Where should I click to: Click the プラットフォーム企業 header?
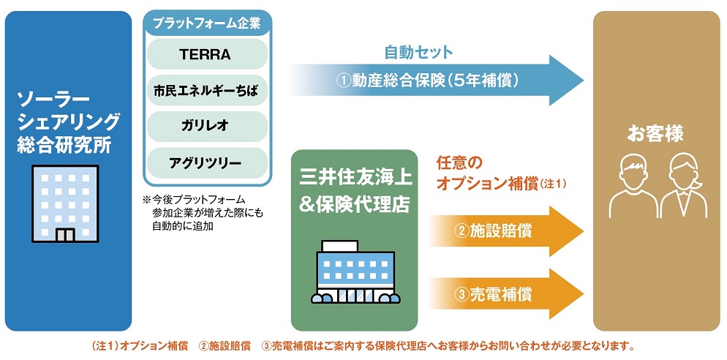point(207,23)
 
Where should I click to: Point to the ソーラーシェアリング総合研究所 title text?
point(68,122)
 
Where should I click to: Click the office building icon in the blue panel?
point(65,203)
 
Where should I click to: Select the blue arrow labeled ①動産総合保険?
point(437,80)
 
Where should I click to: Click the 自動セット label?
point(418,53)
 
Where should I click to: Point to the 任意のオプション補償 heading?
point(502,173)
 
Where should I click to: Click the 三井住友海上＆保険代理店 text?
point(355,191)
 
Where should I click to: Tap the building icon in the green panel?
point(355,271)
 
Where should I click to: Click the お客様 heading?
point(655,135)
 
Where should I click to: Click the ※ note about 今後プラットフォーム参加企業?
point(203,213)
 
